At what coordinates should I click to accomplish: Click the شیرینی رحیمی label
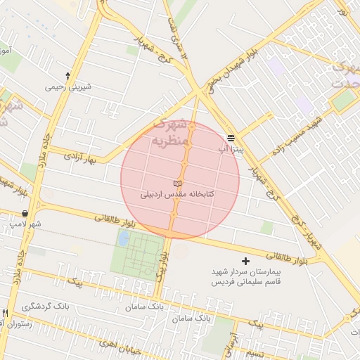coord(69,87)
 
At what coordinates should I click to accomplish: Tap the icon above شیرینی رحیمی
coord(68,75)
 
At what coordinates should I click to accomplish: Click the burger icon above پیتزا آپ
coord(231,138)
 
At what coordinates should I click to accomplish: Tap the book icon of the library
coord(176,184)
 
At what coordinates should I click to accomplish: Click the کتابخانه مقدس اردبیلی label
coord(178,194)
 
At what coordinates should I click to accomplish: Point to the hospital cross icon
coord(245,261)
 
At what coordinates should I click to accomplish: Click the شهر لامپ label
coord(25,224)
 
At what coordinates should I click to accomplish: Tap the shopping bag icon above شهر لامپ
coord(25,213)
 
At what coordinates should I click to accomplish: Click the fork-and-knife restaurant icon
coord(5,313)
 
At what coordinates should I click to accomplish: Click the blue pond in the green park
coord(124,238)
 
